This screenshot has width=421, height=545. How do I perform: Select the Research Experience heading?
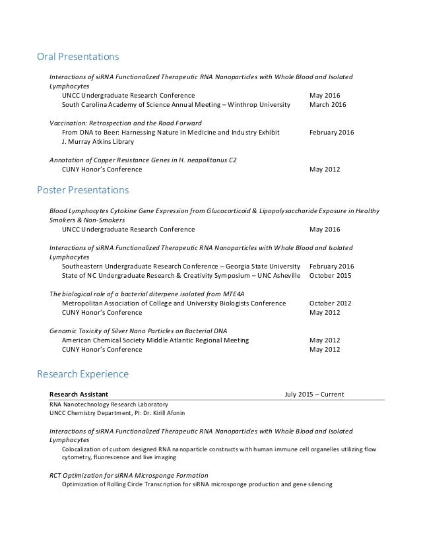click(x=82, y=375)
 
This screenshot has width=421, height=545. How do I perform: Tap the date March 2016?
click(x=327, y=105)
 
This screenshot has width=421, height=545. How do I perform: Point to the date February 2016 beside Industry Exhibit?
click(x=331, y=133)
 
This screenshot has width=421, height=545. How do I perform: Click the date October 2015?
click(x=331, y=275)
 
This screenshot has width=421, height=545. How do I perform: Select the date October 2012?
click(x=331, y=303)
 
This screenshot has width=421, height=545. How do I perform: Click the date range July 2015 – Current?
click(x=313, y=394)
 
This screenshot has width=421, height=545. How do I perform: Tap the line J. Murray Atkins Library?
click(x=98, y=142)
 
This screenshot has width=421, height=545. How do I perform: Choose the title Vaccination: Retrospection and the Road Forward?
click(x=125, y=123)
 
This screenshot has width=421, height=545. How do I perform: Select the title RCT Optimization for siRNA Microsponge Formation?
click(x=129, y=474)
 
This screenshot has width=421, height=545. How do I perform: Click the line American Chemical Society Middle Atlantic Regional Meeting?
click(x=155, y=340)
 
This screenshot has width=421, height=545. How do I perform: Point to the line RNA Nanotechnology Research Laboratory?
click(x=109, y=404)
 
